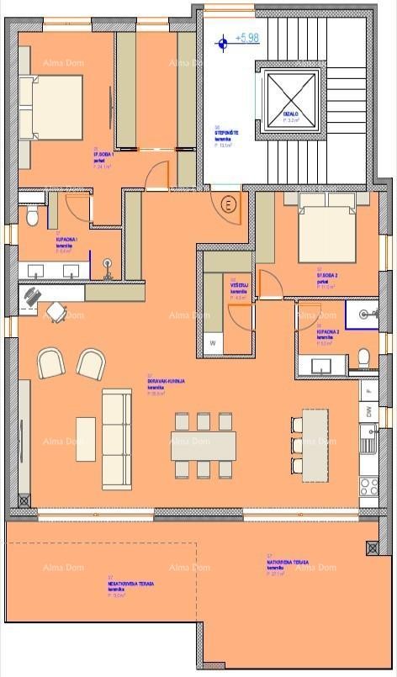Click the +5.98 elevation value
coord(247,38)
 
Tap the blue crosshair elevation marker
coord(222,40)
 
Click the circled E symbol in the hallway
coord(228,204)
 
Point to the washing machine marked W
coord(213,342)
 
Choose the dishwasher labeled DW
coord(368,412)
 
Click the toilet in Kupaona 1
coord(32,217)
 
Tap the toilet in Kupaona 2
coord(364,356)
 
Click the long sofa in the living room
coord(117,439)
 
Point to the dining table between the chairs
coord(203,445)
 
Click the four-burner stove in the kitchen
coord(368,486)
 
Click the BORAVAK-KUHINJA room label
coord(165,381)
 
